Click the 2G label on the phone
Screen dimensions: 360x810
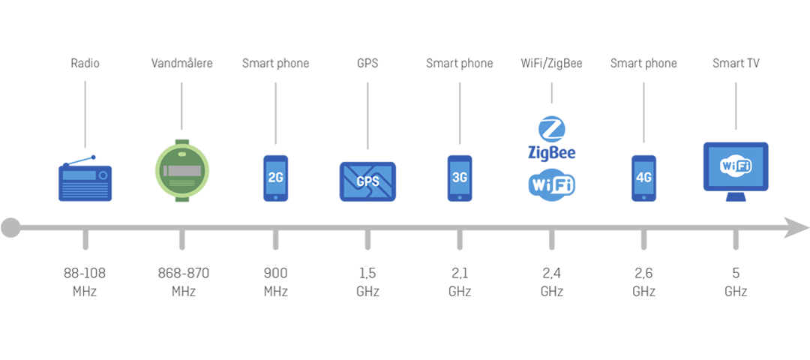point(275,178)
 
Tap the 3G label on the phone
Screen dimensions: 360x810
point(460,178)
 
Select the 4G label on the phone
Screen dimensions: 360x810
point(643,178)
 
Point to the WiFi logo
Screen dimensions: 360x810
point(736,165)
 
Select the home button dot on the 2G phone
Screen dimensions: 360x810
point(275,198)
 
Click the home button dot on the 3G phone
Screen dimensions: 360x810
point(460,198)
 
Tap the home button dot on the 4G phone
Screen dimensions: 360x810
point(643,198)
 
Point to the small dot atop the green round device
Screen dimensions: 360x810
point(183,154)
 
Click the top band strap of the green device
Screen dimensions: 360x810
point(183,136)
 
